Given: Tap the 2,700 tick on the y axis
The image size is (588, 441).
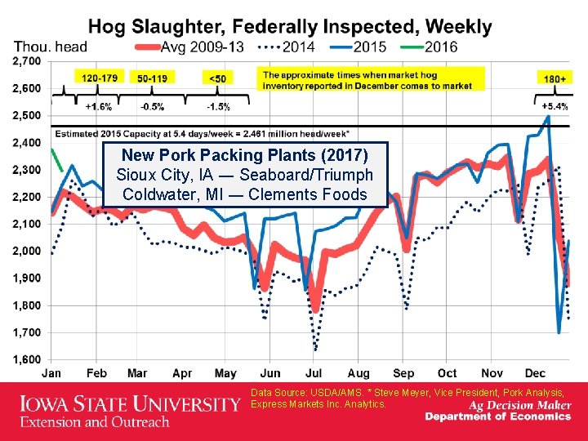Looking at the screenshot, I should [x=27, y=61].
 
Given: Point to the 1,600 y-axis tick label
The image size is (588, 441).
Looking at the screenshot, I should [x=27, y=359].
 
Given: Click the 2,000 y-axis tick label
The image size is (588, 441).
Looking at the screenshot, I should [x=27, y=251].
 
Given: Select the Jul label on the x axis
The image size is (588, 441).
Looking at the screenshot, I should [x=314, y=373].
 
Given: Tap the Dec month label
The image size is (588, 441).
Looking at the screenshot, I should [x=536, y=373].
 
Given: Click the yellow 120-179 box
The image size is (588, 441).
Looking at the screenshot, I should [x=99, y=78].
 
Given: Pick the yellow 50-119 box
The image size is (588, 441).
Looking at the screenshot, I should [x=154, y=78].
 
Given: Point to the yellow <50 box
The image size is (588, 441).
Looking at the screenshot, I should [x=218, y=78].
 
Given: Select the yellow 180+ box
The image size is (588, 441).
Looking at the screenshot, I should [x=555, y=78].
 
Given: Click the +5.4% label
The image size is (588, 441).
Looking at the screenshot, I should [x=555, y=106].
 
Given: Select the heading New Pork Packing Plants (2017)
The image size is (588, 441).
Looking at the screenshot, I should [x=244, y=155].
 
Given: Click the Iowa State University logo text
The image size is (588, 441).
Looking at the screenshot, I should [x=129, y=404].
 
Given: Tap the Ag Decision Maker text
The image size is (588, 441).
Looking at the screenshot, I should [x=519, y=404].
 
